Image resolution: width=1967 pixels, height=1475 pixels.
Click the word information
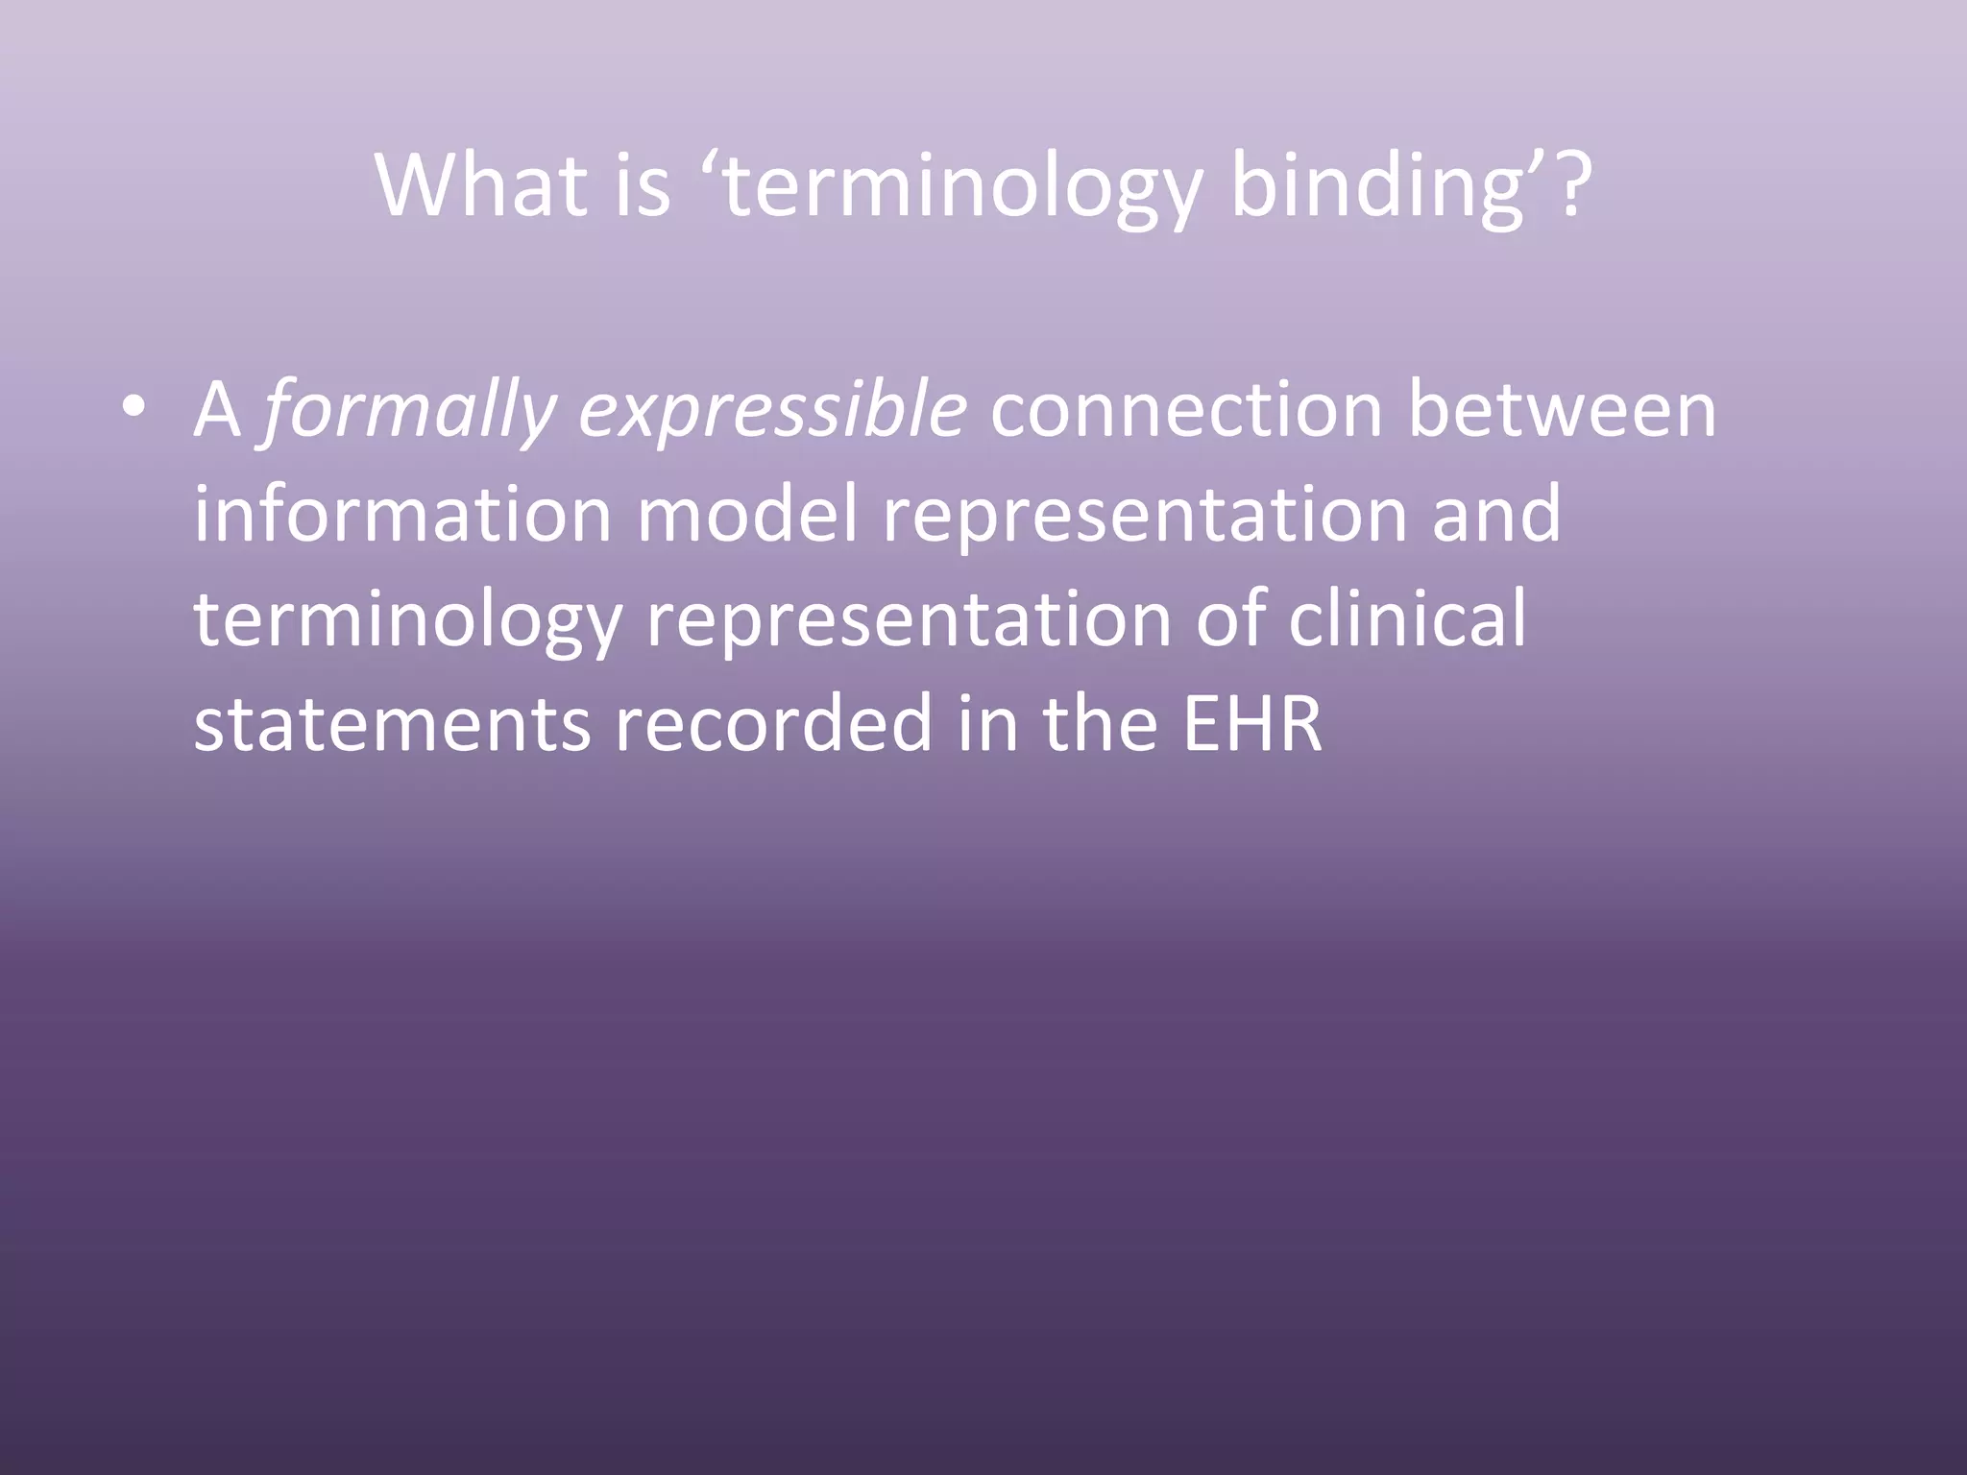402,514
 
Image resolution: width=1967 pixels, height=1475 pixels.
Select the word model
746,514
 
